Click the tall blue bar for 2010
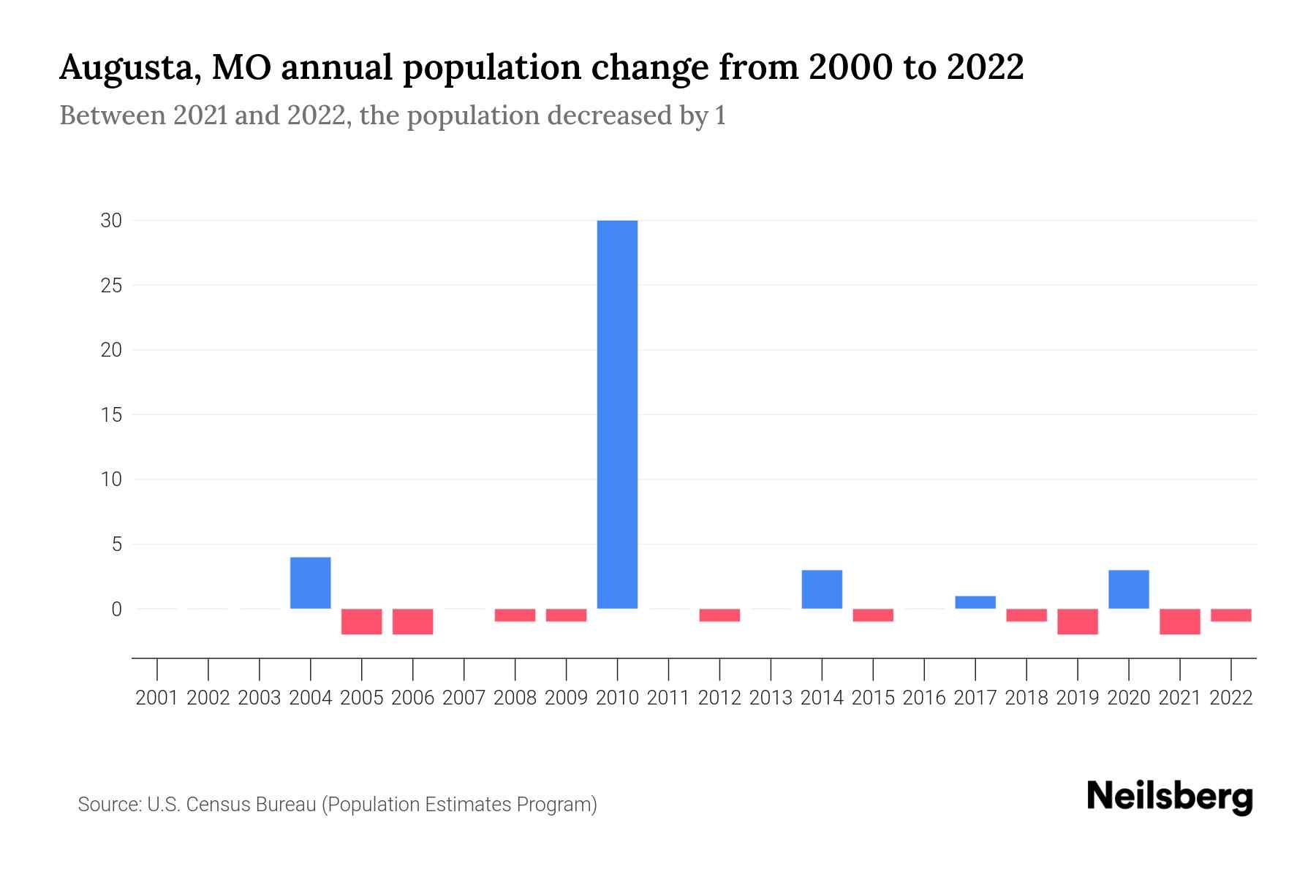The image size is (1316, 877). tap(617, 414)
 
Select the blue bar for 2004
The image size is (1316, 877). tap(311, 582)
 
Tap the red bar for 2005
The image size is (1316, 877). tap(362, 621)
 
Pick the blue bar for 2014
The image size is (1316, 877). tap(822, 589)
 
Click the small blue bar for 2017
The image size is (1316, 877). tap(975, 602)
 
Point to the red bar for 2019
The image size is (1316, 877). tap(1078, 621)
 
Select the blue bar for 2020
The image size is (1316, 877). tap(1129, 589)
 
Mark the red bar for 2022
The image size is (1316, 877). tap(1231, 615)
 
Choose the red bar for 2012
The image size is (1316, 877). tap(719, 615)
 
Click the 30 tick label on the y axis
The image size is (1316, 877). tap(111, 220)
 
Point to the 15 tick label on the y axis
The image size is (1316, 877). tap(111, 414)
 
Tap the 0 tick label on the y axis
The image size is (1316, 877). tap(116, 609)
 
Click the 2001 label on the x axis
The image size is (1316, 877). tap(157, 698)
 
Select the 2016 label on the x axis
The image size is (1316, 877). tap(924, 698)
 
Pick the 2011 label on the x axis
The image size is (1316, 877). tap(668, 698)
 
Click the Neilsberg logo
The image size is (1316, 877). tap(1169, 797)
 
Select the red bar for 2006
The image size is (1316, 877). tap(413, 621)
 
